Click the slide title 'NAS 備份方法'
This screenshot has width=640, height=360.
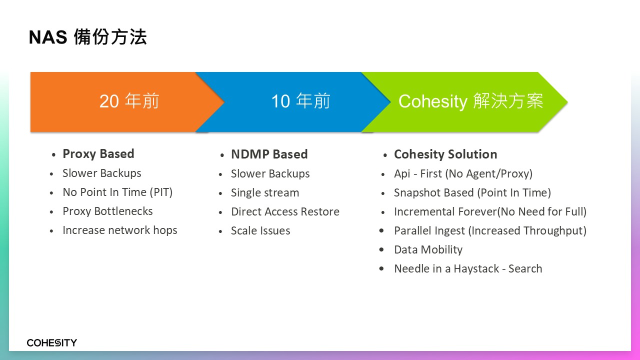pos(87,37)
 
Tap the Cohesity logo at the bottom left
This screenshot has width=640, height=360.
pos(51,342)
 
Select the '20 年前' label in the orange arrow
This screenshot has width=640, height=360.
pos(129,101)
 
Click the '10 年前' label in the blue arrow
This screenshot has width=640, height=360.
pos(300,101)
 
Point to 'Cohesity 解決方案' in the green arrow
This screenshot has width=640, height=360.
pos(470,101)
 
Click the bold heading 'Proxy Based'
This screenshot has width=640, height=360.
pos(98,154)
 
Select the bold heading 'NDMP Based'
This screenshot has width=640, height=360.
pos(269,154)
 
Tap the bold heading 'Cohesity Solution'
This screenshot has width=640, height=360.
pos(445,154)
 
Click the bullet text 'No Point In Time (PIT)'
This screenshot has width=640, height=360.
pos(117,192)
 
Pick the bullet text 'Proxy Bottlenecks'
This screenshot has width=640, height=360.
pos(107,211)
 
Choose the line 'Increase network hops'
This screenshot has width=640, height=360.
pos(119,230)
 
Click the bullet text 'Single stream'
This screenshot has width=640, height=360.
pos(265,192)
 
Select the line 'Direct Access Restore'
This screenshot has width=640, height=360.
pos(285,211)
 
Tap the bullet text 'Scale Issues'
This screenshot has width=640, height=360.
pos(260,230)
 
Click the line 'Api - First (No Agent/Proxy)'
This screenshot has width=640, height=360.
pos(463,173)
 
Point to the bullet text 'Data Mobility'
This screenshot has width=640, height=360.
pos(428,249)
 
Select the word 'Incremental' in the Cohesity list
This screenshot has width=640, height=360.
pos(424,211)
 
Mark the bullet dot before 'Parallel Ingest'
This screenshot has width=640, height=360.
pos(381,230)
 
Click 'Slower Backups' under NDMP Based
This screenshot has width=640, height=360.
pos(270,173)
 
